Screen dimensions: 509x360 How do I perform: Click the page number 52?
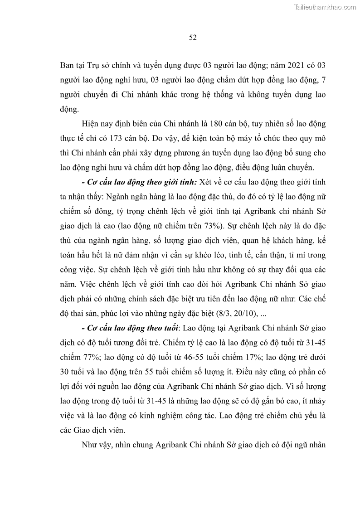click(192, 38)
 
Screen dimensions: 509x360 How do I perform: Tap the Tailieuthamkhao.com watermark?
click(325, 7)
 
